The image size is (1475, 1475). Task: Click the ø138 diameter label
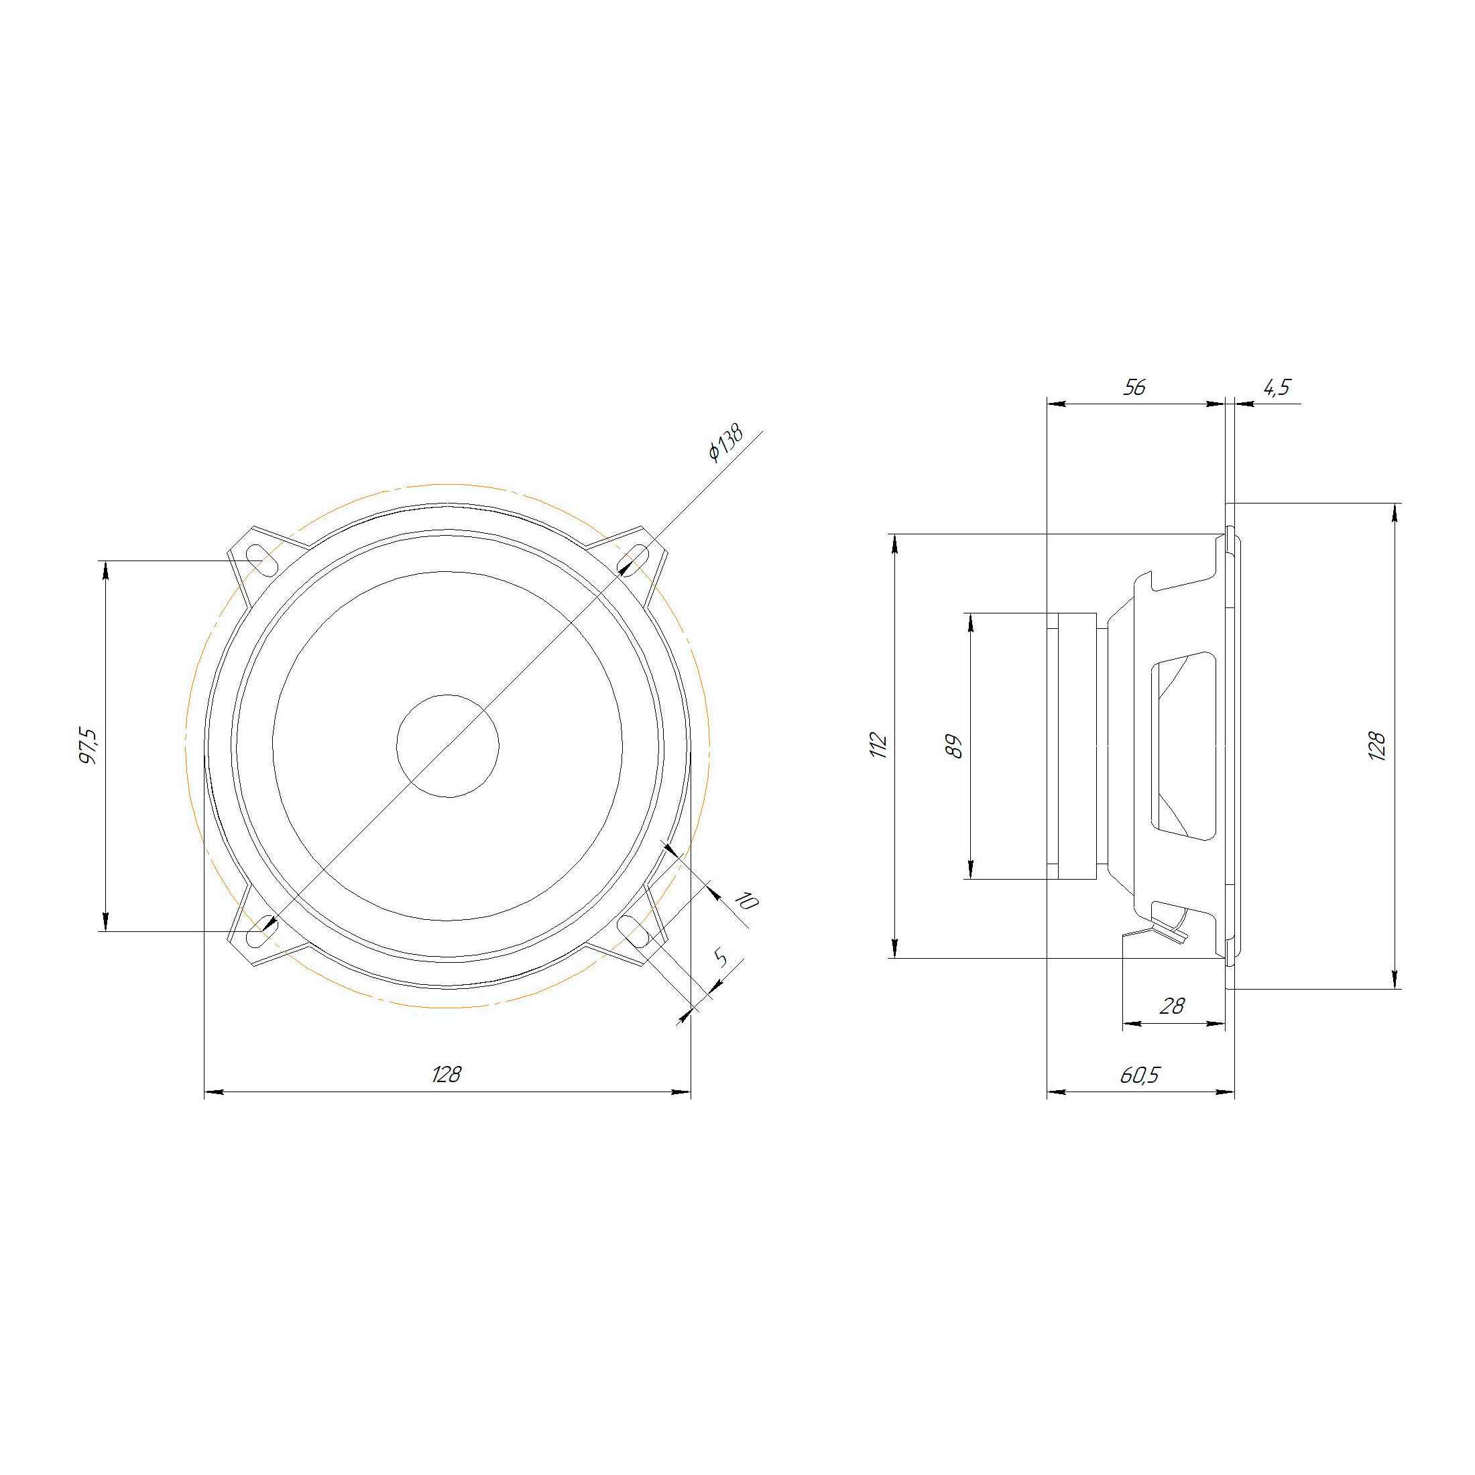point(725,442)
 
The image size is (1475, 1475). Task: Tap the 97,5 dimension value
point(88,746)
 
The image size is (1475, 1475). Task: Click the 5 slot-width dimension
point(719,958)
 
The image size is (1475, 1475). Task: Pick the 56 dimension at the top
point(1134,387)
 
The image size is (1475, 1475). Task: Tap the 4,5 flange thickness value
point(1276,388)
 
